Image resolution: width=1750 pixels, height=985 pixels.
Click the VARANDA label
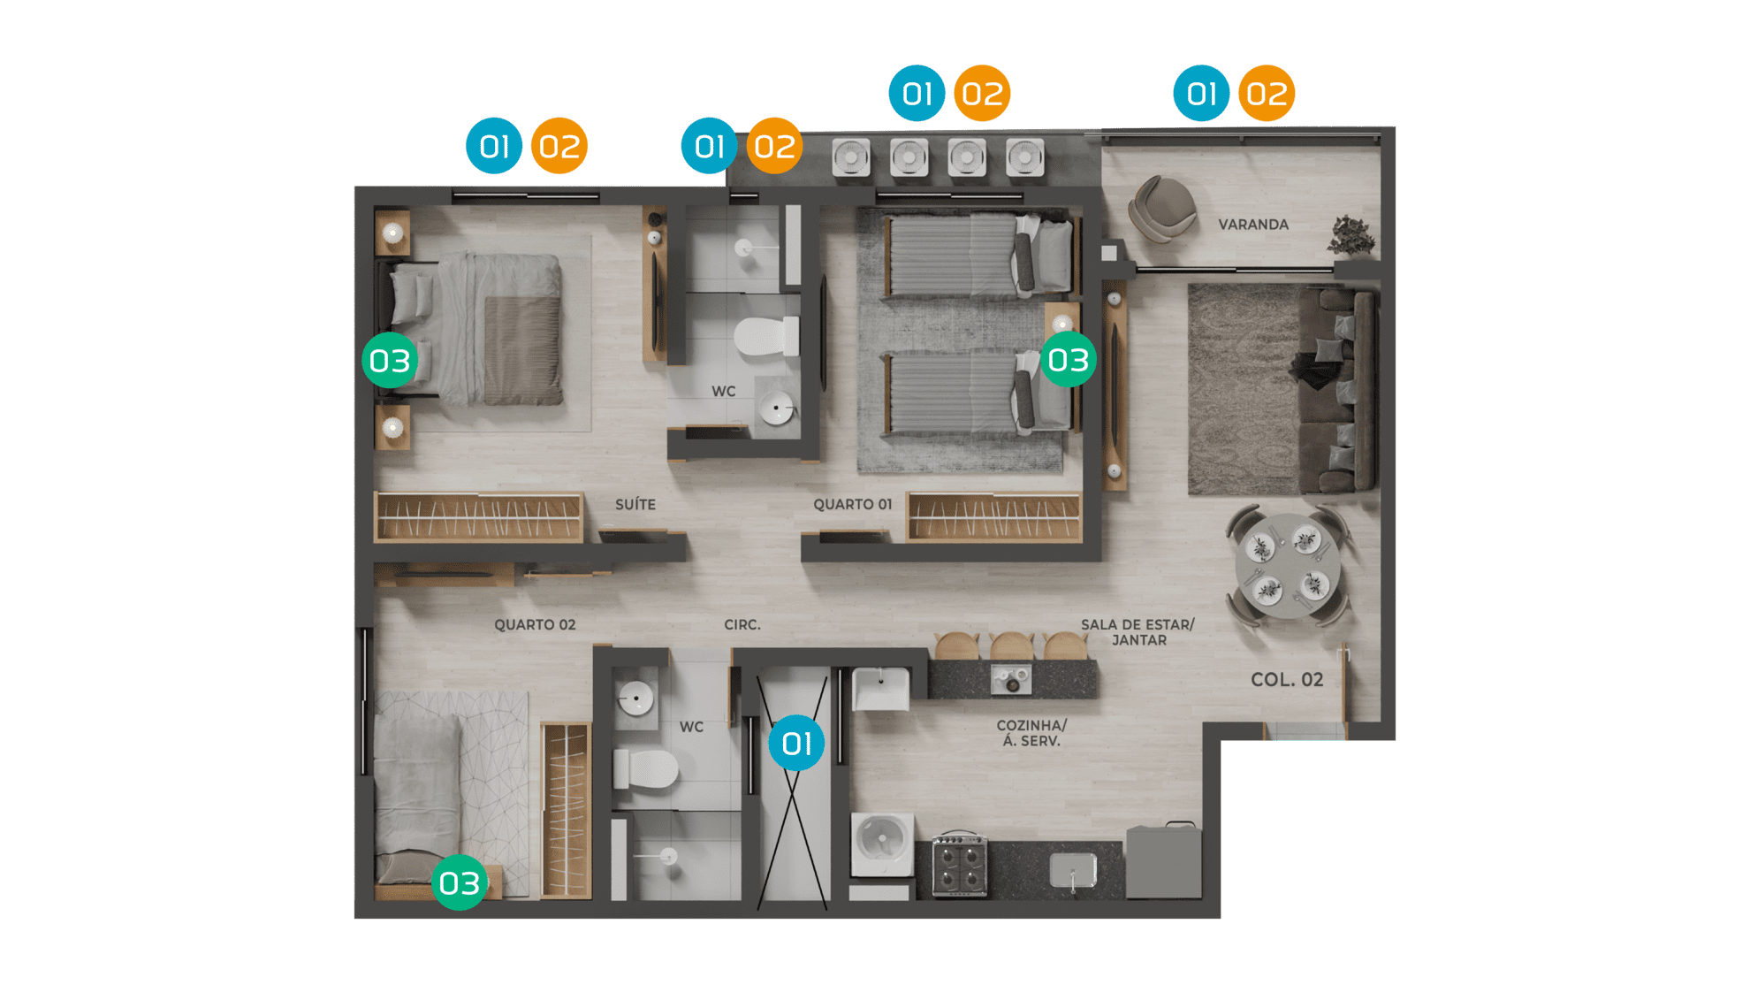1253,225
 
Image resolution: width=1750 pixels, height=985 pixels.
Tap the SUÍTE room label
635,504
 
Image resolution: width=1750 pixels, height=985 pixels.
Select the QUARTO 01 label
853,504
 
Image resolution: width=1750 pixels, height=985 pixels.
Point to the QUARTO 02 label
535,624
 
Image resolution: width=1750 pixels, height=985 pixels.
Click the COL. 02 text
1287,680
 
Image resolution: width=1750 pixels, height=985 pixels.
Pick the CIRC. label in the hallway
742,624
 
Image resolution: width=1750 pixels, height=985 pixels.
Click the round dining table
1288,566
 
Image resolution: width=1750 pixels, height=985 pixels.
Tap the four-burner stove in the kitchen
960,865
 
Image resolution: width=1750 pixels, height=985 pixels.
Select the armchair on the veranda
1162,209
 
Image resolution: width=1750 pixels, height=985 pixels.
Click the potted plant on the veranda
1351,235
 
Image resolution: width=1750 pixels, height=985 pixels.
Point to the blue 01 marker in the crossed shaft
796,743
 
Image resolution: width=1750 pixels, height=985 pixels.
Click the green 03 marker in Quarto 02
460,882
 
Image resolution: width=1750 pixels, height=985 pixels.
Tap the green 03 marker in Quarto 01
1069,360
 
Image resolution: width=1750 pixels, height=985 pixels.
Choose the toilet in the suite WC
766,337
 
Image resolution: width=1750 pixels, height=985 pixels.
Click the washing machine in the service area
882,844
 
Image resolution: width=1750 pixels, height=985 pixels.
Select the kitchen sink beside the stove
1073,870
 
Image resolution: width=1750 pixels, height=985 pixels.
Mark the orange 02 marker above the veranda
1267,93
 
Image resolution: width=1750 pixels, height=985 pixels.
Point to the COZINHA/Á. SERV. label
1031,733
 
